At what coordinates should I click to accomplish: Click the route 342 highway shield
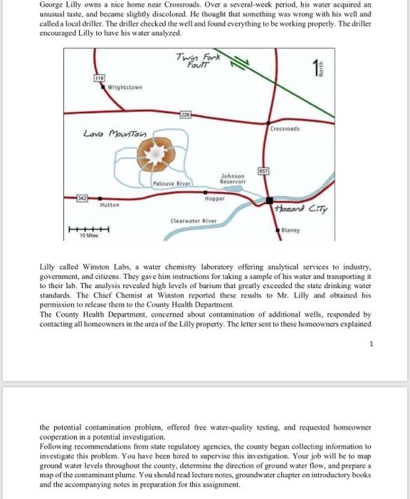(83, 195)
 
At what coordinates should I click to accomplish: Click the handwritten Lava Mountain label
(115, 133)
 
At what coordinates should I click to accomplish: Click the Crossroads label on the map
(285, 130)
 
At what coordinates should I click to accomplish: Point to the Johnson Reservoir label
(233, 179)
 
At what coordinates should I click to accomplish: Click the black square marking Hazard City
(270, 200)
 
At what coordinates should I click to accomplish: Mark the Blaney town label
(290, 230)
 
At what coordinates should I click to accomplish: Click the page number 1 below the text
(371, 345)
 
